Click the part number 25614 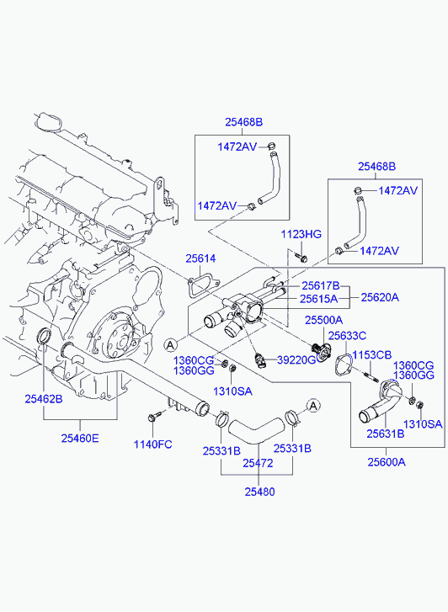200,258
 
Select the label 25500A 324,320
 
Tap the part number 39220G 296,359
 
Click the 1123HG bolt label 301,234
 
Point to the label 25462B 44,399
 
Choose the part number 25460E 80,439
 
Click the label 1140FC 152,444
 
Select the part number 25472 258,463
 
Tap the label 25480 259,492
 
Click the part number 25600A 387,462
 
